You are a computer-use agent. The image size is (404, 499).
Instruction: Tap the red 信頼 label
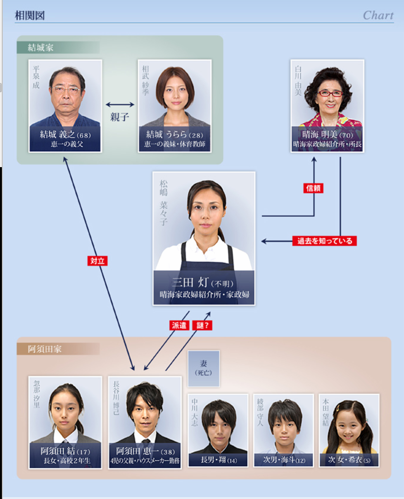click(x=313, y=188)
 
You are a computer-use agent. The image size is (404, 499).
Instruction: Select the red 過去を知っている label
click(x=324, y=241)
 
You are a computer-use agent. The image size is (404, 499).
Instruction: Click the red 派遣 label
click(x=179, y=325)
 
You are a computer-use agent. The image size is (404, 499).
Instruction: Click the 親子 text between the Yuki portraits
click(x=120, y=117)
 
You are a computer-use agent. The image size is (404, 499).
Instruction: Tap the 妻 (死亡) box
click(x=203, y=368)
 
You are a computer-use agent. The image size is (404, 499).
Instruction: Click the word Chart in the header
click(x=378, y=15)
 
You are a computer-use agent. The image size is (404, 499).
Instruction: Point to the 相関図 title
click(x=29, y=15)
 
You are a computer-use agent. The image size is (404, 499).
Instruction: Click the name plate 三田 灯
click(x=204, y=288)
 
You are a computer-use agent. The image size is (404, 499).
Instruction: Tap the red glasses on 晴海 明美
click(x=330, y=94)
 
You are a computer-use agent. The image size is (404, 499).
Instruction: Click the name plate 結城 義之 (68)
click(x=65, y=139)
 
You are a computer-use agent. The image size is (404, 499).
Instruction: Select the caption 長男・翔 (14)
click(x=219, y=460)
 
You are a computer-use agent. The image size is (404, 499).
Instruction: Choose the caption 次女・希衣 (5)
click(x=349, y=460)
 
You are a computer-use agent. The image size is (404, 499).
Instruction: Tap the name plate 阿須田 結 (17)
click(x=65, y=455)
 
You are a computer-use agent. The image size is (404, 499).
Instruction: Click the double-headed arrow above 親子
click(x=120, y=104)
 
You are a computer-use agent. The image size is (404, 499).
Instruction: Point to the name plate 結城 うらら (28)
click(x=174, y=139)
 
